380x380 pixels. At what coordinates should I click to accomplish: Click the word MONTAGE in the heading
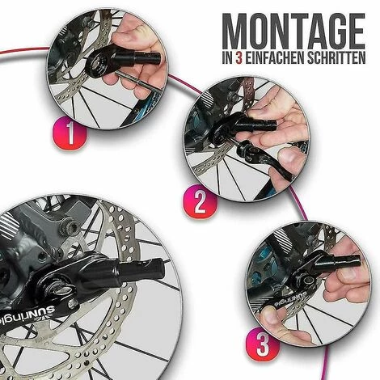tap(293, 32)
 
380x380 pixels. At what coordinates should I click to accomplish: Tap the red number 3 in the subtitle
tap(239, 58)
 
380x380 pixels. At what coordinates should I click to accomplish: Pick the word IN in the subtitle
tap(228, 58)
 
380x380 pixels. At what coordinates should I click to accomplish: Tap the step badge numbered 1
tap(70, 133)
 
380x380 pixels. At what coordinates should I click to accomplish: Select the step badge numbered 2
tap(200, 201)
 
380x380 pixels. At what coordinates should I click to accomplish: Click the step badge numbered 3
tap(263, 344)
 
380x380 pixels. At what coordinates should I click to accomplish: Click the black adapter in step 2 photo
tap(243, 127)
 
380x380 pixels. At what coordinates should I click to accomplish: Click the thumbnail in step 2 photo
tap(288, 156)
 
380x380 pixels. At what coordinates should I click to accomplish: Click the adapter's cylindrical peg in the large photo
tap(141, 270)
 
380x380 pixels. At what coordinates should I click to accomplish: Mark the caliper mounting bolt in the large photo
tap(70, 227)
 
